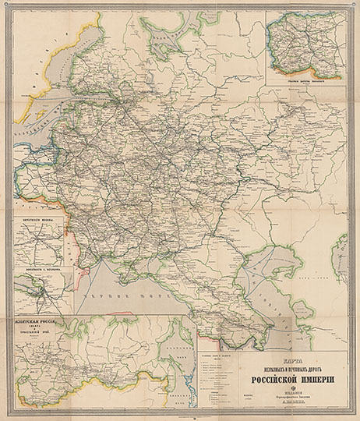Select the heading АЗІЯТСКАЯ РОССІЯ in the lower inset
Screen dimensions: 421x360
click(38, 321)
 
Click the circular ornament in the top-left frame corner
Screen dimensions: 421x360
click(6, 6)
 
